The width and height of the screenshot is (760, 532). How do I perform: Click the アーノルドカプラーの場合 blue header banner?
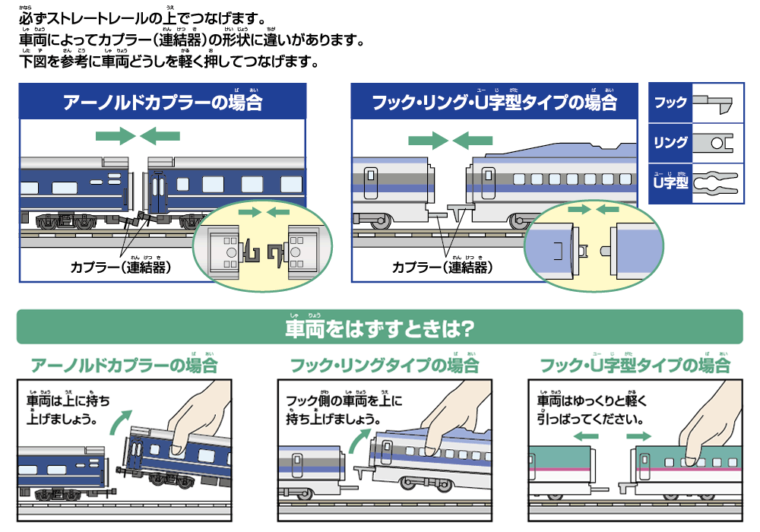(x=163, y=102)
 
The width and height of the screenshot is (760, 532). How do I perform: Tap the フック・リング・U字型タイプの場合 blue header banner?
(x=494, y=102)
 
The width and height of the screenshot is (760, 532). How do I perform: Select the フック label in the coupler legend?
(x=670, y=102)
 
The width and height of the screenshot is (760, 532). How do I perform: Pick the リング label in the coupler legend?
(x=670, y=142)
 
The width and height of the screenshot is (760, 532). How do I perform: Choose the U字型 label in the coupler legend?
(x=670, y=182)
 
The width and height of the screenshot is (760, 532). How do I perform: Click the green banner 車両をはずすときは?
(x=379, y=328)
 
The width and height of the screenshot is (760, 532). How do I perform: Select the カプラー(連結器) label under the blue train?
(x=120, y=268)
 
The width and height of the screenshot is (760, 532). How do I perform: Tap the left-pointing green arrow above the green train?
(x=586, y=436)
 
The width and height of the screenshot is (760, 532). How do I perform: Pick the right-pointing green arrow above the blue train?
(x=116, y=137)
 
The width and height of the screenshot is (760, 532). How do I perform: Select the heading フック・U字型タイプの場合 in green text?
(x=634, y=366)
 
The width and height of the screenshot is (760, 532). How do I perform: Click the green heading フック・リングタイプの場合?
(x=385, y=366)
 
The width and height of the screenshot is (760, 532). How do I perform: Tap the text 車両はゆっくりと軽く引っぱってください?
(x=591, y=410)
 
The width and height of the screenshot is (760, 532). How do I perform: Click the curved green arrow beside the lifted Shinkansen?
(x=358, y=441)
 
